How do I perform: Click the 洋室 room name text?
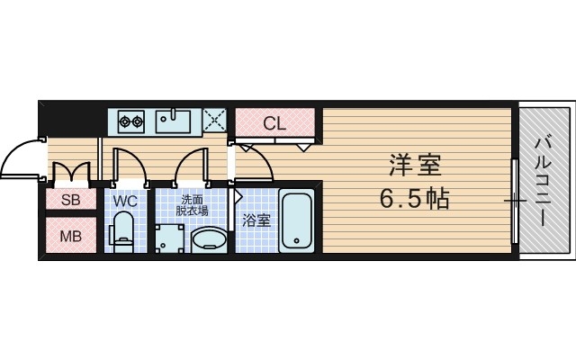416,166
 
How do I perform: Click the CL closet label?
274,123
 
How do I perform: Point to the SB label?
70,201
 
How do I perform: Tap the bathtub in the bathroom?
297,221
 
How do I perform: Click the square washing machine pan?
167,238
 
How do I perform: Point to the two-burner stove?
131,120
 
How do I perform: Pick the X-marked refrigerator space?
214,120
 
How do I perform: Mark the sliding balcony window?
515,200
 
